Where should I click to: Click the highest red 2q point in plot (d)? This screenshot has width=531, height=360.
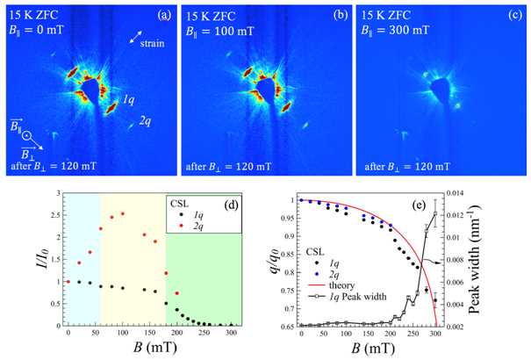[122, 213]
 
